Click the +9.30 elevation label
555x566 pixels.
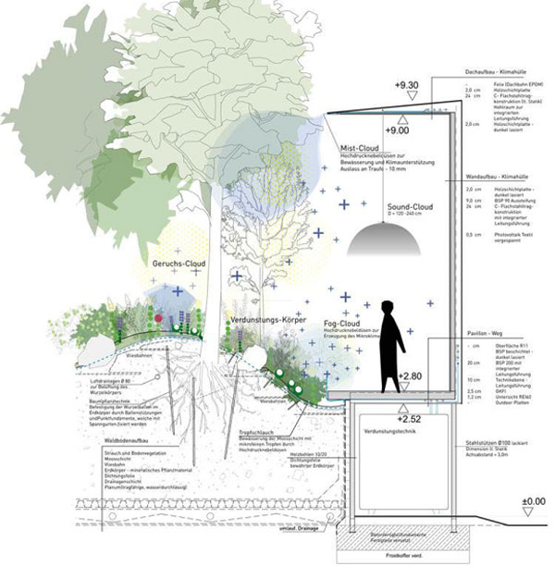409,87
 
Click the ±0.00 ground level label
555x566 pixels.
534,502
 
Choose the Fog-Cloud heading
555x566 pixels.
342,323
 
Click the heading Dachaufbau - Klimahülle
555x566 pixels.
500,72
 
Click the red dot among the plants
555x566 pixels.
158,317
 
